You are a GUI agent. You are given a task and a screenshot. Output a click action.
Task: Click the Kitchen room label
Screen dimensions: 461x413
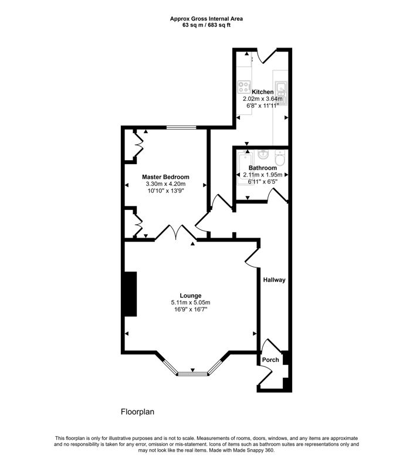point(262,92)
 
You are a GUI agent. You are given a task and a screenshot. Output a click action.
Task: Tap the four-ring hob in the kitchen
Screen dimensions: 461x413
point(243,87)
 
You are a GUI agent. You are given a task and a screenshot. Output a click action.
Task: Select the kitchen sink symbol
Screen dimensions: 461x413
point(281,87)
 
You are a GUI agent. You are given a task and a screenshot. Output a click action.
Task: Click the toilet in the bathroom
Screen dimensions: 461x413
point(280,158)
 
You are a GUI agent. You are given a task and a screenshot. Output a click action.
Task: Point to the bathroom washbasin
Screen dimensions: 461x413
point(263,155)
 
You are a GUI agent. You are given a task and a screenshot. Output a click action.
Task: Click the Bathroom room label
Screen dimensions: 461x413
point(262,168)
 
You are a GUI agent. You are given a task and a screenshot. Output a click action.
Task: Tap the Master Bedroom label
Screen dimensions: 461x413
point(165,177)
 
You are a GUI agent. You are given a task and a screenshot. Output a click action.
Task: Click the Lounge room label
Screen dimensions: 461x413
point(191,296)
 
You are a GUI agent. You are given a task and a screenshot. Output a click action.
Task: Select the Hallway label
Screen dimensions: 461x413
point(274,280)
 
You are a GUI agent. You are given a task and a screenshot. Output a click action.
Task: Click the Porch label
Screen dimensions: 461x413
point(270,360)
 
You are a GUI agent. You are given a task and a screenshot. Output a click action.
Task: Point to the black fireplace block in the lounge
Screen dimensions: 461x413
point(129,295)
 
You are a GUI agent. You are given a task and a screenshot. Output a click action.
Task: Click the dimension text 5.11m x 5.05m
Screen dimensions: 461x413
point(191,303)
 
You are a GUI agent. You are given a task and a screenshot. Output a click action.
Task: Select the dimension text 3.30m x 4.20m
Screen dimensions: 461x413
point(165,184)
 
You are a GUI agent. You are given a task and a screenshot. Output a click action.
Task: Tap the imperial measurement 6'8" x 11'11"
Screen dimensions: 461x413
point(262,106)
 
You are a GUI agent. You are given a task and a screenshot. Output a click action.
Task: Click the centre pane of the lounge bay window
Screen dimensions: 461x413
point(191,372)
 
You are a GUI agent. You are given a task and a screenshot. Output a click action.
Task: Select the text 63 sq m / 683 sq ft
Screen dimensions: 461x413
point(206,26)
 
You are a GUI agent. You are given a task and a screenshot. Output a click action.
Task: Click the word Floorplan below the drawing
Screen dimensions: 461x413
point(137,412)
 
